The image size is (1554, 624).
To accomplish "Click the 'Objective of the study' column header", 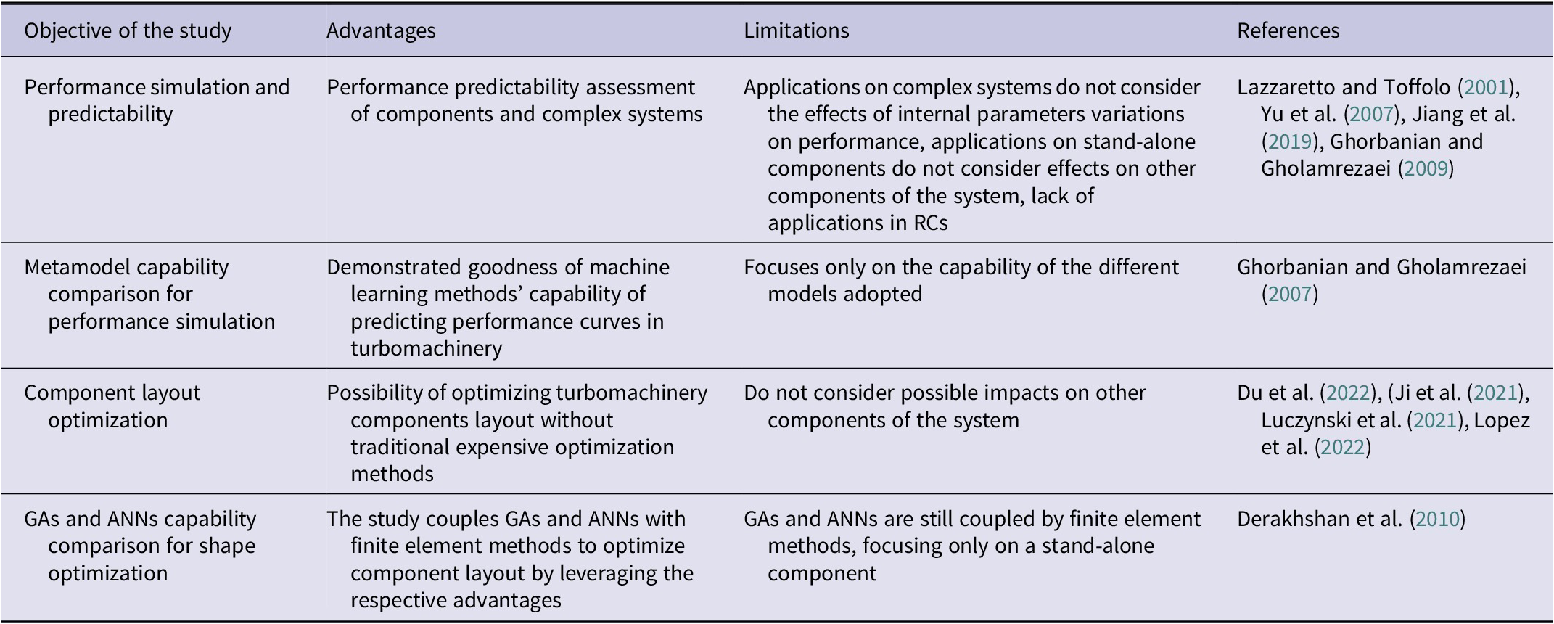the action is click(x=128, y=30).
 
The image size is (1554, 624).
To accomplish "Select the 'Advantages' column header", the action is click(x=381, y=30).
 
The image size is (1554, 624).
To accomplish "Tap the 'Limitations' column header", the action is click(x=796, y=30).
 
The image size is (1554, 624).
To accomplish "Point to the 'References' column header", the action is click(x=1288, y=30).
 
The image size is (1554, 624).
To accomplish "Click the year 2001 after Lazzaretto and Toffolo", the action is click(x=1486, y=87).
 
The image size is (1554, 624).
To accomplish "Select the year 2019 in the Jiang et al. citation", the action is click(x=1289, y=141).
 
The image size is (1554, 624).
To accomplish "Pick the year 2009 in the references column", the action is click(x=1426, y=168).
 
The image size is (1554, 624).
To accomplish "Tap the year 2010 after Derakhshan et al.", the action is click(x=1437, y=519).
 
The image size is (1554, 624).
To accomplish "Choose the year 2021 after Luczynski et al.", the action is click(x=1435, y=420).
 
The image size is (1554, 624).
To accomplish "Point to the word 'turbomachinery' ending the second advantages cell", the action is click(x=426, y=349).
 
